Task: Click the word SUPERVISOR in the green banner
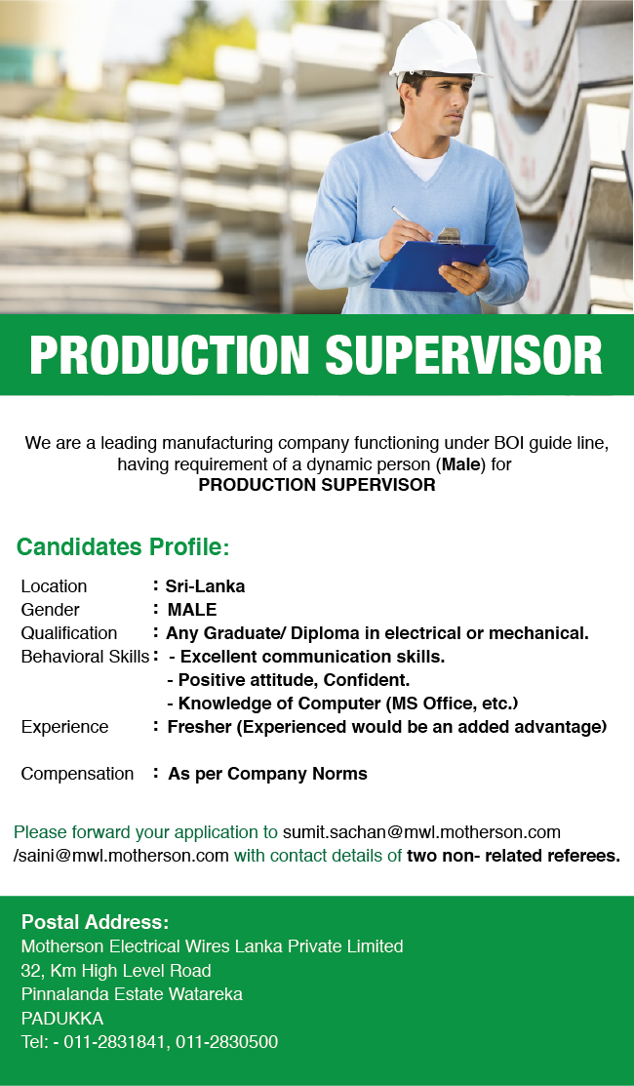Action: pyautogui.click(x=463, y=355)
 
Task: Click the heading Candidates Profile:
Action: pyautogui.click(x=123, y=546)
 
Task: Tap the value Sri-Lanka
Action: pyautogui.click(x=205, y=586)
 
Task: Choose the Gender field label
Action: pyautogui.click(x=51, y=610)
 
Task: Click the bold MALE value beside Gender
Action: pyautogui.click(x=192, y=610)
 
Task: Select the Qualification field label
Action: pyautogui.click(x=69, y=633)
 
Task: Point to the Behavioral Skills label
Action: pyautogui.click(x=85, y=657)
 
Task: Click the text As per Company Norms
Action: pyautogui.click(x=267, y=774)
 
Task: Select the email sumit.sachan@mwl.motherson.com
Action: pyautogui.click(x=421, y=832)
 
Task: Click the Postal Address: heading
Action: pyautogui.click(x=96, y=922)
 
